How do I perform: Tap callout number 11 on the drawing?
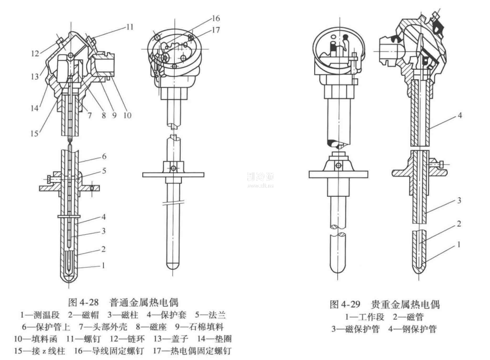coord(129,26)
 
